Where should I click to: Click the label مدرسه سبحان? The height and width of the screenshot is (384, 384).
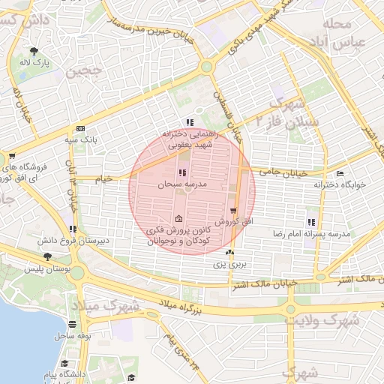tap(181, 184)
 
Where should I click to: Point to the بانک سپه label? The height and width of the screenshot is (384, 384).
tap(80, 140)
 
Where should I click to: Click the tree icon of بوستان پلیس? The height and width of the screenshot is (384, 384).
tap(47, 256)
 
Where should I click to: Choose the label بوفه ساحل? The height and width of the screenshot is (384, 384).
tap(73, 337)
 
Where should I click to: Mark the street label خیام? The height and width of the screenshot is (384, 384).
tap(102, 178)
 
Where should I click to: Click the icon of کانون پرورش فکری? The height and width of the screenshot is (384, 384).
tap(178, 219)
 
